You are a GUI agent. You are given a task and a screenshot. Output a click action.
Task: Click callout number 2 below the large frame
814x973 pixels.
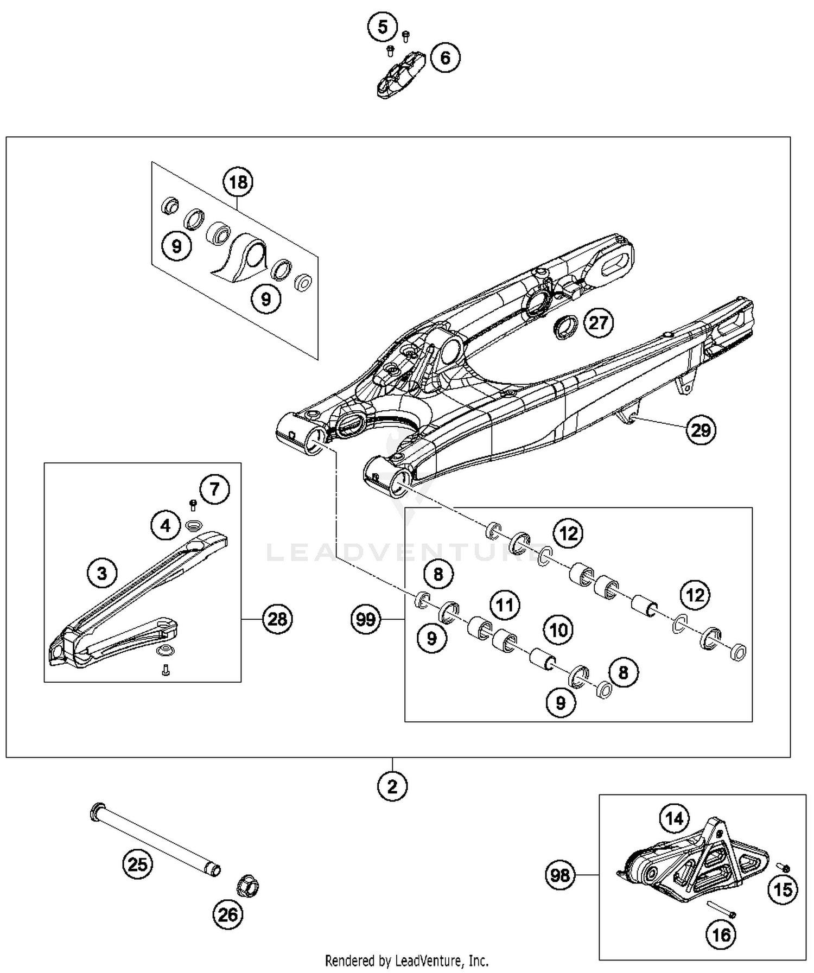tap(392, 786)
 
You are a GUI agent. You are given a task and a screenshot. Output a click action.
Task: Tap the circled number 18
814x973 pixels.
tap(238, 182)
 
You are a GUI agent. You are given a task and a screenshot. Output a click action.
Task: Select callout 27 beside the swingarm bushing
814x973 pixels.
tap(598, 323)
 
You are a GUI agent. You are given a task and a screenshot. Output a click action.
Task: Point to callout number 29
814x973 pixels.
tap(701, 430)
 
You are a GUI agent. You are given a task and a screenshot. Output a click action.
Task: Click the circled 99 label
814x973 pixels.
tap(366, 619)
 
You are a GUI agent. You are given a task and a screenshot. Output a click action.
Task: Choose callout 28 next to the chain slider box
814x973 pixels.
tap(277, 619)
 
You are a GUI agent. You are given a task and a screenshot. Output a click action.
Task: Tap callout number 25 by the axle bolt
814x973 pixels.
tap(137, 864)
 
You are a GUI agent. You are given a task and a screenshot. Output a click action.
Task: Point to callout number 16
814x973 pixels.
tap(721, 934)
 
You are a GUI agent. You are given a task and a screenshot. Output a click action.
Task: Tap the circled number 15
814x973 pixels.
tap(783, 889)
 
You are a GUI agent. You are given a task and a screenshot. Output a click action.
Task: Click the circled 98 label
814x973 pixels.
tap(559, 875)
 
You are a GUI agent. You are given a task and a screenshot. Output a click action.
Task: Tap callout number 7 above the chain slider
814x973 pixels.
tap(214, 489)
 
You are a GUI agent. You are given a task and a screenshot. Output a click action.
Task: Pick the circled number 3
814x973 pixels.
tap(102, 573)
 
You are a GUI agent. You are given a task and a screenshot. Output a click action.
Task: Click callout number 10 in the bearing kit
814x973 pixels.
tap(558, 630)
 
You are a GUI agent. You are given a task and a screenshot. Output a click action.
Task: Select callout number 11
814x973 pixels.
tap(505, 605)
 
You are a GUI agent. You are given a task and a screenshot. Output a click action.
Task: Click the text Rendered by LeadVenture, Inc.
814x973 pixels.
tap(406, 961)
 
